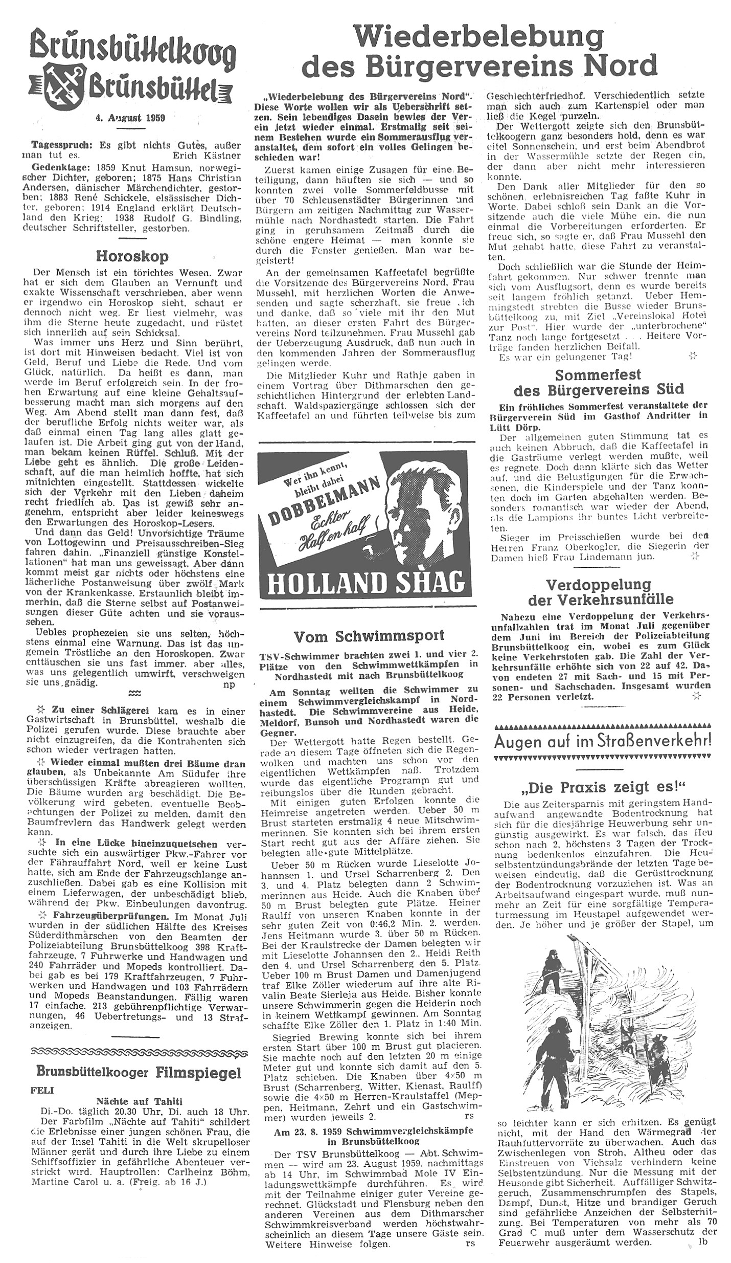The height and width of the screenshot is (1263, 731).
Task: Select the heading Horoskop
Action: (x=132, y=256)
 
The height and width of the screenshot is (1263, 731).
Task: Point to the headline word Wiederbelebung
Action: (x=478, y=37)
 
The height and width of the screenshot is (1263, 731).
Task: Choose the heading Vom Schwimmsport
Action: (x=369, y=636)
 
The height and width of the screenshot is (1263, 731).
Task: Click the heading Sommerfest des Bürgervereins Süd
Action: (x=598, y=382)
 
